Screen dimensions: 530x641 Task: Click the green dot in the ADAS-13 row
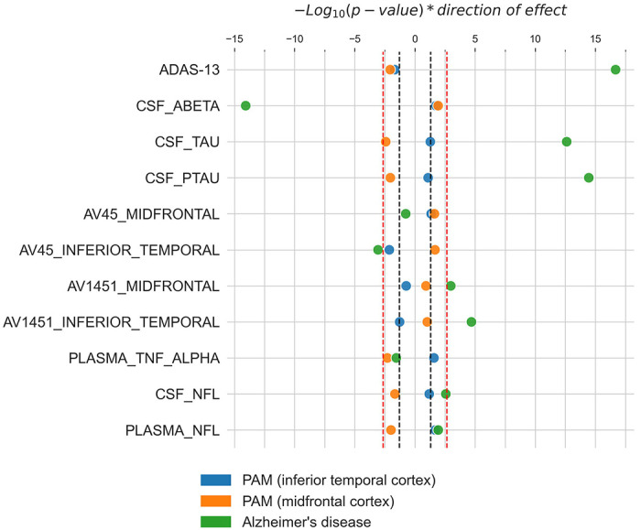click(615, 70)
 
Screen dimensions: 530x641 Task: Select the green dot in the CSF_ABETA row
click(245, 106)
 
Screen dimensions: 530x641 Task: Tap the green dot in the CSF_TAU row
click(567, 142)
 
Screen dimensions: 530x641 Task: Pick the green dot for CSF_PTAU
click(589, 178)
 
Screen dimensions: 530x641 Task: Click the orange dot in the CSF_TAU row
click(386, 142)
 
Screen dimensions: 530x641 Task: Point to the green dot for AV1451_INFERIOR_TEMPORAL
click(472, 322)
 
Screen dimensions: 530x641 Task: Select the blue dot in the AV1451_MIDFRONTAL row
click(406, 286)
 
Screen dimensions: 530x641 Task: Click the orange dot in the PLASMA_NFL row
click(391, 430)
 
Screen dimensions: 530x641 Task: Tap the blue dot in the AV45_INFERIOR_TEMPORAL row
click(389, 250)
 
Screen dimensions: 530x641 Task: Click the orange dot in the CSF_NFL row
click(395, 395)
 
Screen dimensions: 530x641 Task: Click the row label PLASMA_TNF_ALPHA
click(144, 358)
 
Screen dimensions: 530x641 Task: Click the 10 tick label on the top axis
click(536, 39)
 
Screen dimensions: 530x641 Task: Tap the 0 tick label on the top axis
click(415, 39)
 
